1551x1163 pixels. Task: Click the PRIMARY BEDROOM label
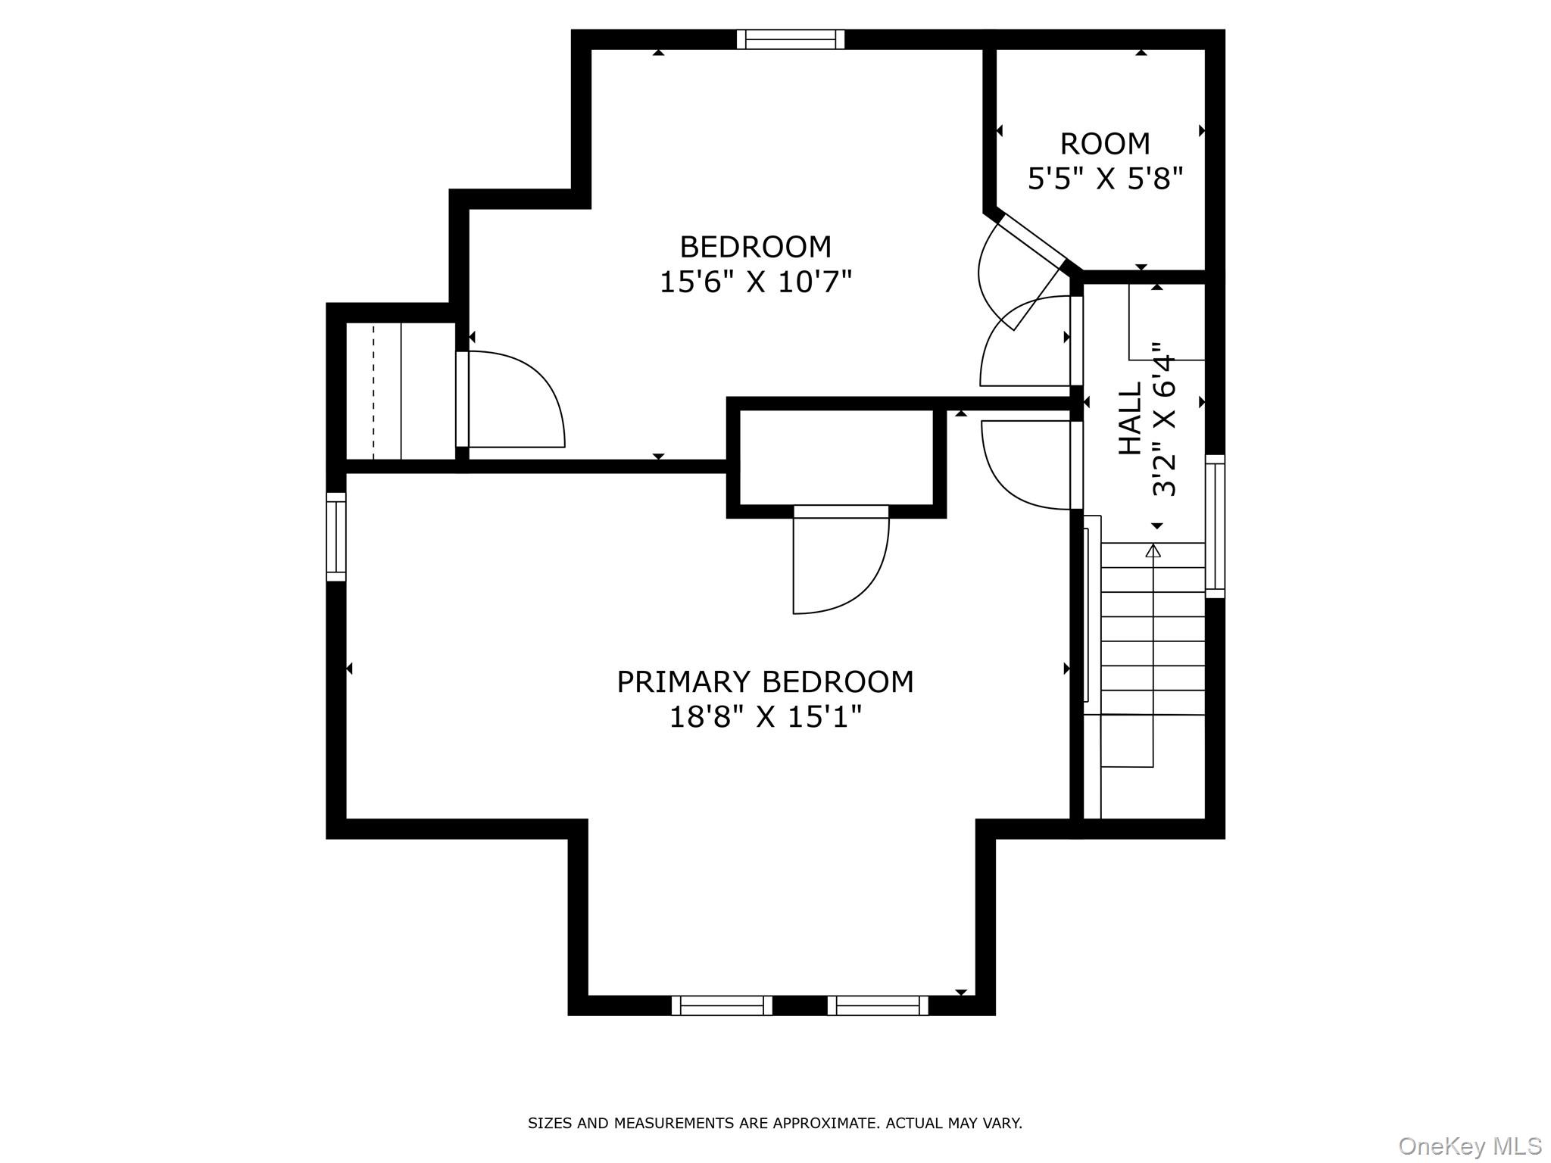click(x=765, y=682)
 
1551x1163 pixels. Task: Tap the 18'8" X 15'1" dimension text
click(x=765, y=717)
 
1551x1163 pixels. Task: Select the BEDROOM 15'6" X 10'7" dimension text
click(x=756, y=282)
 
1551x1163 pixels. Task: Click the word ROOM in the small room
click(x=1104, y=144)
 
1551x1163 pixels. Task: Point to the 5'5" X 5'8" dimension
click(x=1104, y=179)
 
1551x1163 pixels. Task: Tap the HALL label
click(x=1130, y=419)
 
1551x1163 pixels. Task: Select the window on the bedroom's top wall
click(x=790, y=39)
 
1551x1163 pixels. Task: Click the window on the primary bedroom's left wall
click(x=336, y=537)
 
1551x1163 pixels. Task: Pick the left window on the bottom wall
click(x=722, y=1006)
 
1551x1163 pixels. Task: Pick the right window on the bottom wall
click(x=878, y=1006)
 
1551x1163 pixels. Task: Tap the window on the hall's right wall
click(x=1215, y=526)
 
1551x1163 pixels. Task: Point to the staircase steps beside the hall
click(x=1153, y=628)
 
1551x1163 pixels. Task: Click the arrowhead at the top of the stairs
click(x=1153, y=551)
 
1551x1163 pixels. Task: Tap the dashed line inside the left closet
click(x=373, y=391)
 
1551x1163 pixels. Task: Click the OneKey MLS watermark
click(x=1469, y=1146)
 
